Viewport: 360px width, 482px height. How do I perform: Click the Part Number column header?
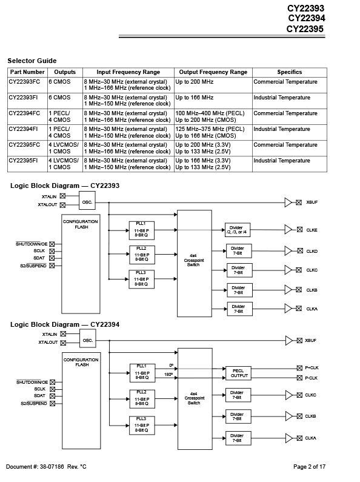(x=27, y=72)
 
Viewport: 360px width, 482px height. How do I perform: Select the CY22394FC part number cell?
(x=24, y=113)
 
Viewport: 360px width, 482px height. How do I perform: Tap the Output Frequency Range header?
(x=213, y=72)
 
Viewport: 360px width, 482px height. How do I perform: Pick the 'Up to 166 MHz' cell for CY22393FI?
(x=195, y=98)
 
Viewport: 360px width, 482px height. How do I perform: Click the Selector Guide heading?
(x=32, y=61)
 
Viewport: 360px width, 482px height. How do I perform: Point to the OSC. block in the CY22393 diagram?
(x=87, y=201)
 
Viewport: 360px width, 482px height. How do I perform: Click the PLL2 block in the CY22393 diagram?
(x=142, y=255)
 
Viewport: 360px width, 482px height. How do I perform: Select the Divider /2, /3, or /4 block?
(x=238, y=230)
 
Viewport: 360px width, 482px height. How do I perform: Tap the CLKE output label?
(x=312, y=230)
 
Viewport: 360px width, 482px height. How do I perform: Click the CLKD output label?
(x=312, y=251)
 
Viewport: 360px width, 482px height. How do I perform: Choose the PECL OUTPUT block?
(x=239, y=373)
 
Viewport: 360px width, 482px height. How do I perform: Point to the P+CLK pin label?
(x=312, y=367)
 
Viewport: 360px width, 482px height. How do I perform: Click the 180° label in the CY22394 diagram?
(x=168, y=375)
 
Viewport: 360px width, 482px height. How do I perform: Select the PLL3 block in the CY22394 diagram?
(x=142, y=426)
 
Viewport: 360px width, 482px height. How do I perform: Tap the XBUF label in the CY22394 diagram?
(x=310, y=340)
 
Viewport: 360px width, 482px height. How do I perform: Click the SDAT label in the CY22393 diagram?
(x=39, y=258)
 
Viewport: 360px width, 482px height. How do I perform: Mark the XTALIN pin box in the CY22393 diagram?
(x=62, y=196)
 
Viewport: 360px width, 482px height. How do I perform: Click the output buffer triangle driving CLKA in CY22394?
(x=289, y=438)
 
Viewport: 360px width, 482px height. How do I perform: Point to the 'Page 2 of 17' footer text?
(x=309, y=467)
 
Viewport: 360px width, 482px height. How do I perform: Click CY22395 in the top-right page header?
(x=305, y=29)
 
